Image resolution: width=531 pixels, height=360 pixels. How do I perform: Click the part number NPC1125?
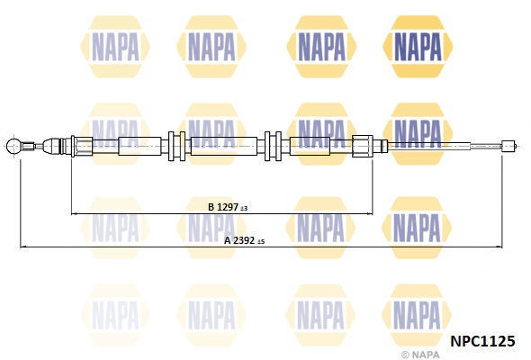tap(482, 341)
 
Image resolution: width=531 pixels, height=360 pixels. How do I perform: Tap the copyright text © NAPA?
tap(420, 355)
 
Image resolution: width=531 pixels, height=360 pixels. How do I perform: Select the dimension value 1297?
tap(227, 207)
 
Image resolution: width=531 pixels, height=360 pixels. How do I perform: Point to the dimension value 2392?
tap(244, 240)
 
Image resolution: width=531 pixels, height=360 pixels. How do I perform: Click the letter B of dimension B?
tap(211, 207)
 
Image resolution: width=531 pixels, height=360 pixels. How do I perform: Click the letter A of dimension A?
tap(228, 240)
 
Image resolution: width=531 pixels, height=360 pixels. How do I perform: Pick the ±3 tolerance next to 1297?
tap(244, 208)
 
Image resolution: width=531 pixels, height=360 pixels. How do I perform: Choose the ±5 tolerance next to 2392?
tap(261, 242)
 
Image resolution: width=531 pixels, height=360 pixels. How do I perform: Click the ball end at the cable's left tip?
tap(13, 147)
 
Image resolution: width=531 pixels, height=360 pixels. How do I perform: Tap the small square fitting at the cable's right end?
tap(507, 147)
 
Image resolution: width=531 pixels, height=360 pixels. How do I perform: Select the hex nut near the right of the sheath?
tap(363, 146)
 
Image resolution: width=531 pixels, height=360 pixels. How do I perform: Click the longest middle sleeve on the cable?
tap(224, 146)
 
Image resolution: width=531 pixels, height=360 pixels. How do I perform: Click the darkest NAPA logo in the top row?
tap(418, 47)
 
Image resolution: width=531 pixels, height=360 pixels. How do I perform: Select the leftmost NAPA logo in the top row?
tap(115, 47)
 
